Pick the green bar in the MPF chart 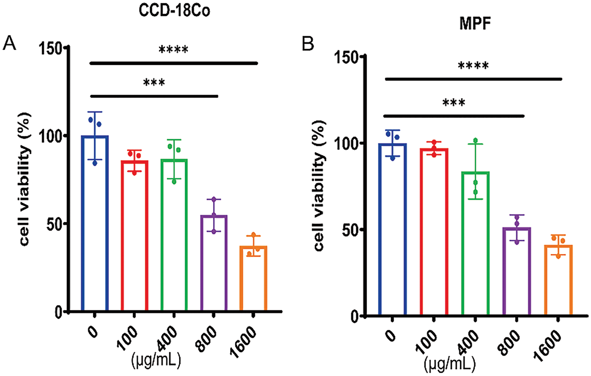point(475,244)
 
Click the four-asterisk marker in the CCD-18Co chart point(173,50)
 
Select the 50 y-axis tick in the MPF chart point(345,230)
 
